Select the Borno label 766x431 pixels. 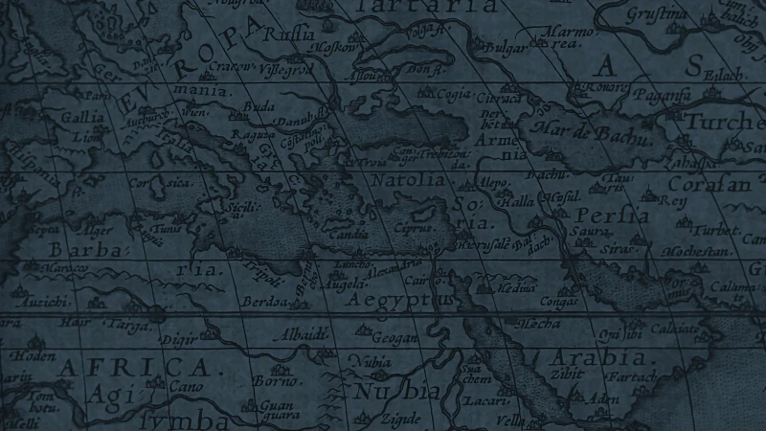pos(273,381)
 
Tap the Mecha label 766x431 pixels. pos(538,324)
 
